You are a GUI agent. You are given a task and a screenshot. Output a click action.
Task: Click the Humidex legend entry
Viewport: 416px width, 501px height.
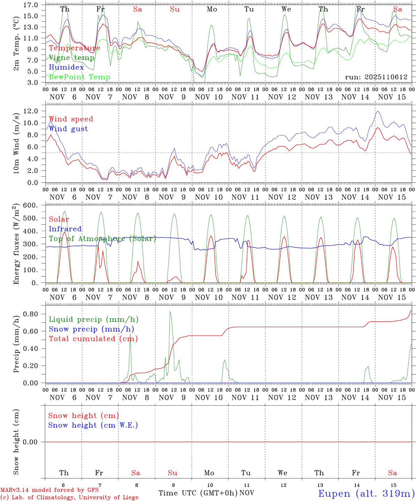pos(67,67)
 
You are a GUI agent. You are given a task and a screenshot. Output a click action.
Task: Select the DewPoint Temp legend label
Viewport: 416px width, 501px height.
pos(79,77)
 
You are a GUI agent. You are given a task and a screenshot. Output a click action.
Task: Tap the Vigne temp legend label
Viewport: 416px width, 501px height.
pos(71,58)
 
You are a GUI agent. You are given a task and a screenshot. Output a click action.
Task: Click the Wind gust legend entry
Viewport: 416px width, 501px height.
pos(68,129)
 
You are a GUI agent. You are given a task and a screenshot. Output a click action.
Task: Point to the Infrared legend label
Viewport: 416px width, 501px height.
pos(65,229)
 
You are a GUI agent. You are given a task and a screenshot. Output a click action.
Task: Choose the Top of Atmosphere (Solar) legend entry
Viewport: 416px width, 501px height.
pos(102,239)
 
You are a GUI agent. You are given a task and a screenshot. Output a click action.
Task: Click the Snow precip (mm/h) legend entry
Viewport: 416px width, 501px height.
pos(91,329)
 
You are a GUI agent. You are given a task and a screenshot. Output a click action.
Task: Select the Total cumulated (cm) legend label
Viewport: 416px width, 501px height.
pos(93,339)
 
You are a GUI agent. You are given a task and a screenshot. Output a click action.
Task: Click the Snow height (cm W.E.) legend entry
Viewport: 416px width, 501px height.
pos(93,425)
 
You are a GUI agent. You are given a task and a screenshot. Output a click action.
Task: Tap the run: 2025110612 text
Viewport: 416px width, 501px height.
pos(376,77)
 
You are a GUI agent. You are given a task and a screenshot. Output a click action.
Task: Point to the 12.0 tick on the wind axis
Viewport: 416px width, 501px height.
pos(31,111)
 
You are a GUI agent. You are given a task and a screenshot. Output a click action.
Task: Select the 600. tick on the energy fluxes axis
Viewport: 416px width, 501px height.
pos(31,205)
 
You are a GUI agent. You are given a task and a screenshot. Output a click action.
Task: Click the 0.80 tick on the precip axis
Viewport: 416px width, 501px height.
pos(31,314)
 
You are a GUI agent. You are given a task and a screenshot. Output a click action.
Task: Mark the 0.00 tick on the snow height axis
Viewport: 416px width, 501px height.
pos(31,442)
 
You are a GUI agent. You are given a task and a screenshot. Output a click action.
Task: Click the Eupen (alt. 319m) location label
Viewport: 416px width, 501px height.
pos(366,493)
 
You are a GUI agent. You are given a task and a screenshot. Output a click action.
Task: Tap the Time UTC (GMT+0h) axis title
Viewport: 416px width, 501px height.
pos(198,493)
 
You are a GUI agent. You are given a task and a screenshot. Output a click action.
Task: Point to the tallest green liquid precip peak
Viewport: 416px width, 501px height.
pos(170,311)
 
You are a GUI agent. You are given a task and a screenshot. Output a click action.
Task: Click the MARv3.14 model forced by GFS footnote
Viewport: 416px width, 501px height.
pos(49,490)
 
